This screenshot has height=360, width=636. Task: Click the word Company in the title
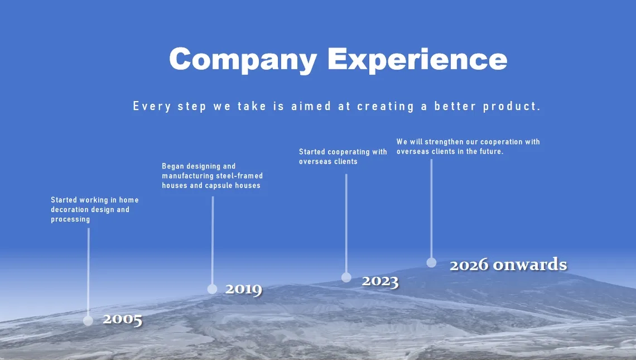pos(243,60)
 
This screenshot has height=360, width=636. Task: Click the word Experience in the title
pos(417,60)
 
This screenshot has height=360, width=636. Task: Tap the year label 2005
pos(123,320)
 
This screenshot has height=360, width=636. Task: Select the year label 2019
pos(244,289)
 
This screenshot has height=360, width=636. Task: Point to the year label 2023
pos(380,281)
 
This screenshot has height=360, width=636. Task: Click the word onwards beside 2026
pos(530,264)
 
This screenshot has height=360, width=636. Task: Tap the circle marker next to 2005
pos(88,321)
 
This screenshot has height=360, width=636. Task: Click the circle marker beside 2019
pos(212,289)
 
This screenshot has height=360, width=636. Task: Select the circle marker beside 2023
pos(346,277)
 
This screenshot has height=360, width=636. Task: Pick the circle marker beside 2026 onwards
pos(431,262)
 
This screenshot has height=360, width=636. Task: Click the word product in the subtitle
pos(512,107)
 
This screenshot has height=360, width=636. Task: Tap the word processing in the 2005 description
pos(70,219)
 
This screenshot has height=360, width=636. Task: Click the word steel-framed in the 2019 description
pos(241,176)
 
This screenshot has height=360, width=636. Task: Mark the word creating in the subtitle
pos(386,107)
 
